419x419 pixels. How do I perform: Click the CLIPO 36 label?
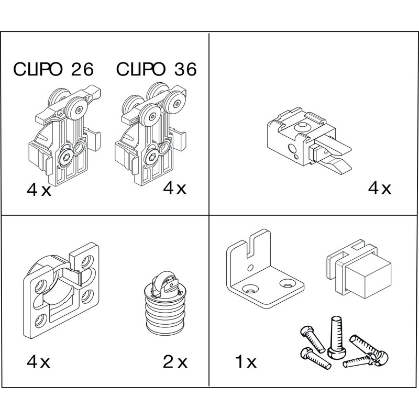tap(157, 70)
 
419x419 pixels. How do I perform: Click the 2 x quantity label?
tap(175, 361)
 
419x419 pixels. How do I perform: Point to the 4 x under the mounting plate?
tap(39, 361)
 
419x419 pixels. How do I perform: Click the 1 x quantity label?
tap(244, 361)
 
